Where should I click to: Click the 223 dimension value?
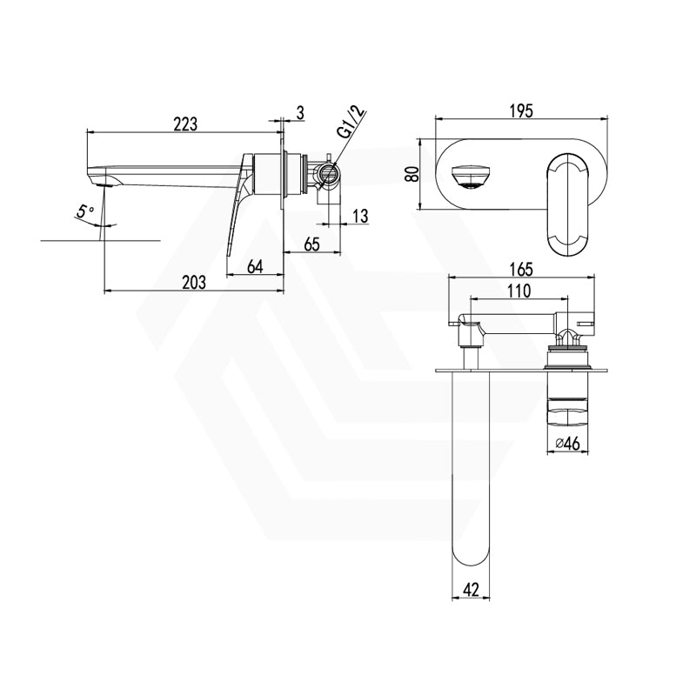pos(184,124)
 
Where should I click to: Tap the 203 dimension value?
pos(194,281)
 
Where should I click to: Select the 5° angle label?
pos(84,211)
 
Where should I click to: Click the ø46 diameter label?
pos(567,444)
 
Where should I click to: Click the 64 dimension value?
pos(255,267)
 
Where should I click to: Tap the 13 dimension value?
pos(360,215)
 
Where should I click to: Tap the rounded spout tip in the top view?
pos(471,558)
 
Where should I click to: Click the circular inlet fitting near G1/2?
pos(328,174)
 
